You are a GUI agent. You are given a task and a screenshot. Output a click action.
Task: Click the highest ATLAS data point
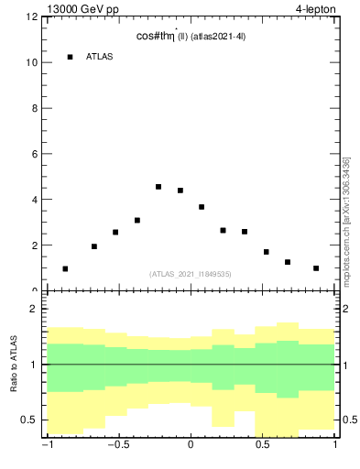pos(158,187)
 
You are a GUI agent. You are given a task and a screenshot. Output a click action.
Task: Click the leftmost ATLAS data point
pos(65,268)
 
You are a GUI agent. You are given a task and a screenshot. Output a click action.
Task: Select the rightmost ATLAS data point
pos(316,268)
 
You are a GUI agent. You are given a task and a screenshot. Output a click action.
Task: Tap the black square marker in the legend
pos(70,57)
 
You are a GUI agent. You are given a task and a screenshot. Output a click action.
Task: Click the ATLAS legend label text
pos(100,57)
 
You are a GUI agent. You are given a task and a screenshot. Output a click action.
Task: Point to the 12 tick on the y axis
pos(32,17)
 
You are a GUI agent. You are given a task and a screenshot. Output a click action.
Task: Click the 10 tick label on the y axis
pos(32,63)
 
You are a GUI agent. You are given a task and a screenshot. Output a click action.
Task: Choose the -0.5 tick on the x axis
pos(117,446)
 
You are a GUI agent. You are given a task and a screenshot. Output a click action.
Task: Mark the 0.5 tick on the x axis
pos(263,446)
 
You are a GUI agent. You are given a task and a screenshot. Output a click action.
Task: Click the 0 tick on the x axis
pos(191,446)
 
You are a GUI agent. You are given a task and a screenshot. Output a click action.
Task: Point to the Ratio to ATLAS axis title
pos(14,365)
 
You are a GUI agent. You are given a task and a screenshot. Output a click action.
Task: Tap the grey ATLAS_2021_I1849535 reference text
pos(191,274)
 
